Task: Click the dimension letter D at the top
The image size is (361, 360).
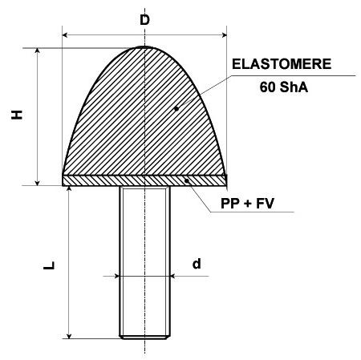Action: click(x=144, y=20)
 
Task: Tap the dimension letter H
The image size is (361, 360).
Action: click(x=17, y=115)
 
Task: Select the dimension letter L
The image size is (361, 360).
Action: click(x=49, y=265)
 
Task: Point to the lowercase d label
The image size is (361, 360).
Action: click(x=197, y=264)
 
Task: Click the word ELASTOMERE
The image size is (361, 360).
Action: click(x=282, y=64)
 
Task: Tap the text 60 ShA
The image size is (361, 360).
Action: click(x=284, y=87)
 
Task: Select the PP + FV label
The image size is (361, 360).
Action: click(x=247, y=204)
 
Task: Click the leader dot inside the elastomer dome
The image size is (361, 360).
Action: click(x=176, y=108)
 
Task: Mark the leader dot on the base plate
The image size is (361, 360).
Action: click(x=187, y=181)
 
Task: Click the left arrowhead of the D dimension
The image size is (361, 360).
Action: click(x=64, y=34)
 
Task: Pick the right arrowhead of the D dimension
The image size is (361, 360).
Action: click(x=224, y=34)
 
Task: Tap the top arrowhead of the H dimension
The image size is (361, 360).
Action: click(x=38, y=51)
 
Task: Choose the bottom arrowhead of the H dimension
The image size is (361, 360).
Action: click(x=38, y=183)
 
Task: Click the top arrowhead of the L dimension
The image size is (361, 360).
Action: click(x=69, y=188)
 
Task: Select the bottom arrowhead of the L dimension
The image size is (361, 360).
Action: click(x=69, y=336)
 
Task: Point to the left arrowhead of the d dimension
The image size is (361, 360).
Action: click(x=116, y=276)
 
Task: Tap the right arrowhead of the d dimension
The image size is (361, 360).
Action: click(x=172, y=276)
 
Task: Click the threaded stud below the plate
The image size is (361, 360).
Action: click(x=144, y=262)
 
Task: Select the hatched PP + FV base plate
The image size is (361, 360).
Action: click(x=144, y=180)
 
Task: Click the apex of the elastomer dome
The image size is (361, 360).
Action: click(x=144, y=47)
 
